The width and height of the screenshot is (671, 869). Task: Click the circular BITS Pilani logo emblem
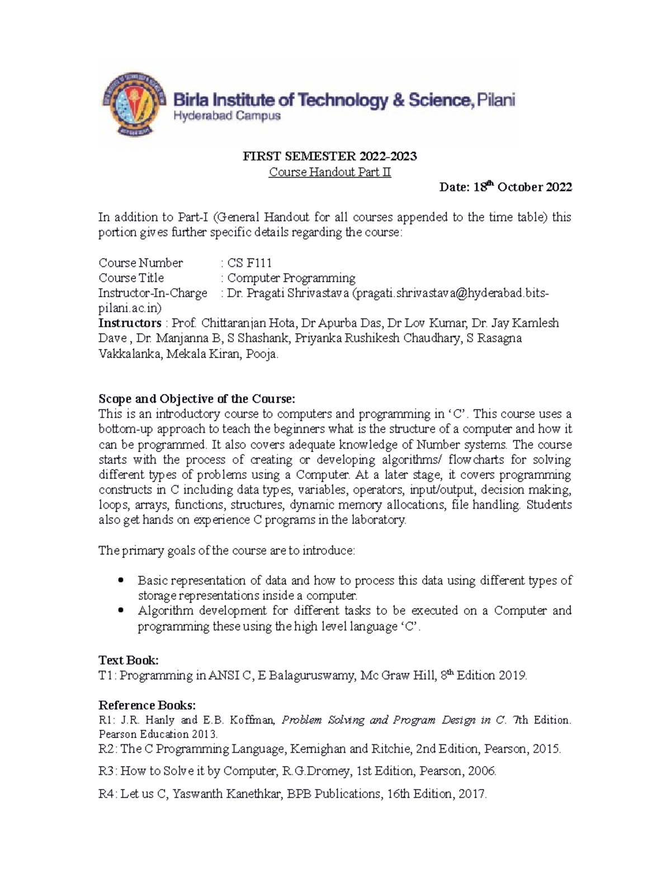[x=135, y=105]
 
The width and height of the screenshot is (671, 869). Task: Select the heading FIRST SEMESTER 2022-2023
[x=329, y=156]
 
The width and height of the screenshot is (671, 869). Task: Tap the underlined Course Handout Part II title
[x=330, y=172]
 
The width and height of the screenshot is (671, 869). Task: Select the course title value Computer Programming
[x=291, y=278]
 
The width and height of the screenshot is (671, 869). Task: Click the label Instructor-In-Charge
[x=153, y=293]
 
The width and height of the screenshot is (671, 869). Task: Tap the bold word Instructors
[x=130, y=323]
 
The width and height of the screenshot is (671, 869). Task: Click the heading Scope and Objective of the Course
[x=196, y=399]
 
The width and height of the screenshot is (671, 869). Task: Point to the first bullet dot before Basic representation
[x=120, y=580]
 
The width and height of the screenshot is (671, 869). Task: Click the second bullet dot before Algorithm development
[x=120, y=610]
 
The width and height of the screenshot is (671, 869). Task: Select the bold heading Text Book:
[x=129, y=660]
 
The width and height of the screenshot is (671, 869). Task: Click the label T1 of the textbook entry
[x=106, y=675]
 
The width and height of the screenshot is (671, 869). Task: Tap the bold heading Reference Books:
[x=147, y=705]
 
